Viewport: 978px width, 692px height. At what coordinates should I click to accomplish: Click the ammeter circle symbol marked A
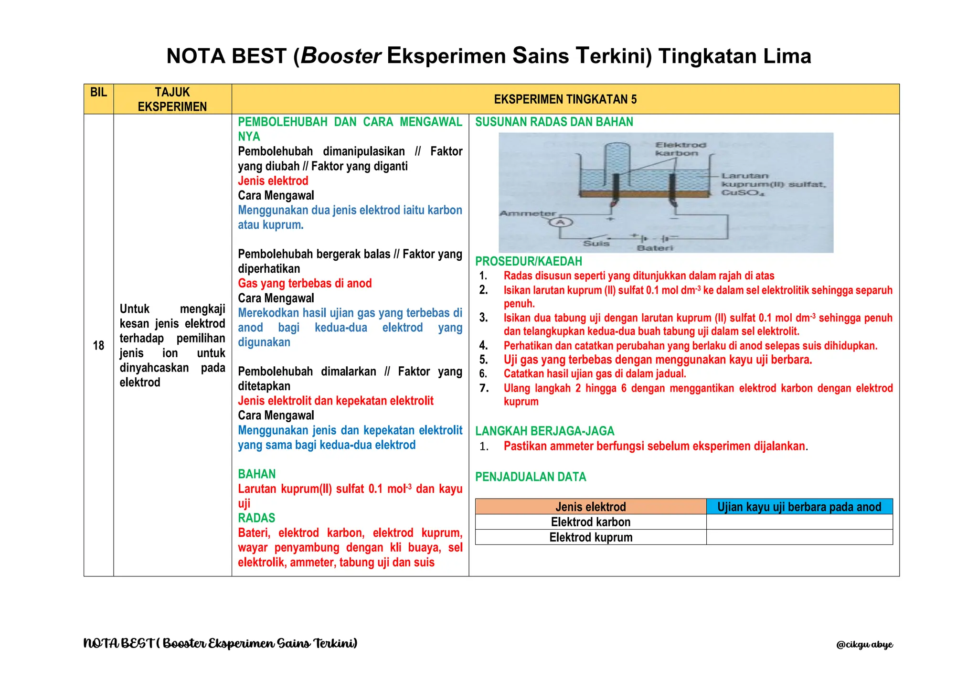click(560, 223)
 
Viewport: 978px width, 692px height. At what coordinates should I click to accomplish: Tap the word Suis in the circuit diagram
click(596, 244)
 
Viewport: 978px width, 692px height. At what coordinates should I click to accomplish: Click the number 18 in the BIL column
click(98, 345)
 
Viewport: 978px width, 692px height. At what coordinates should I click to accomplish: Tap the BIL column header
click(98, 92)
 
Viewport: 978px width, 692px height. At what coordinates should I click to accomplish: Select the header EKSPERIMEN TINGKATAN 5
click(565, 99)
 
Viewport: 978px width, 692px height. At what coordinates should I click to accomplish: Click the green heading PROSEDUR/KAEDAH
click(529, 261)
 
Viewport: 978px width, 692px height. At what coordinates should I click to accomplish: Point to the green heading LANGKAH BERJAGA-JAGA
click(544, 431)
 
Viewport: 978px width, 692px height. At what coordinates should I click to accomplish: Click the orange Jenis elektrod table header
click(590, 507)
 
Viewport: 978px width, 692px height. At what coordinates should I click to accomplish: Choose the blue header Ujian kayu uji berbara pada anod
click(799, 507)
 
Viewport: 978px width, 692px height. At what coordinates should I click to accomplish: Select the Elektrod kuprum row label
click(590, 537)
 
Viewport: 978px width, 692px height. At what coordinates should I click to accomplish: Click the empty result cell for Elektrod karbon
click(799, 522)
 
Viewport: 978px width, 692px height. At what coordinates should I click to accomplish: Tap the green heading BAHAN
click(257, 474)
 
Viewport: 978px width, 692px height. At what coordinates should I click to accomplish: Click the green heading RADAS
click(256, 518)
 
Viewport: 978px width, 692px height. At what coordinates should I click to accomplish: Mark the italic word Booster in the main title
click(340, 56)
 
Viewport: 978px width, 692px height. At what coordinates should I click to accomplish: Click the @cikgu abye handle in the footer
click(864, 645)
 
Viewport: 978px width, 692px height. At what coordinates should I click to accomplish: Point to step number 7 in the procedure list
click(484, 388)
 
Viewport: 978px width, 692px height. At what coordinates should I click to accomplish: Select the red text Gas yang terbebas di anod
click(305, 283)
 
